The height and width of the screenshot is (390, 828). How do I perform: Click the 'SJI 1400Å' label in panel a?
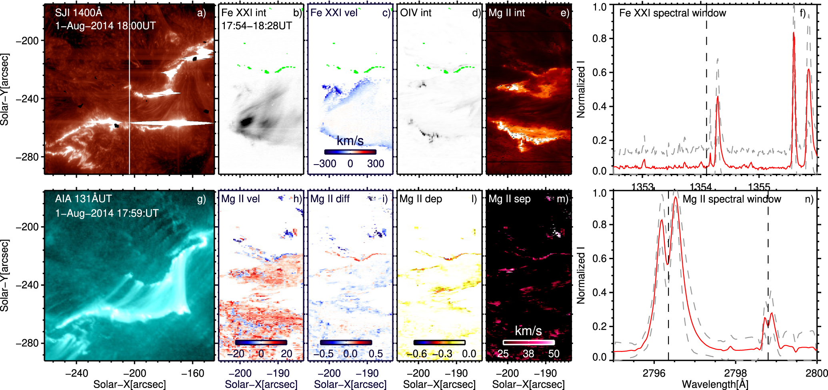pos(78,13)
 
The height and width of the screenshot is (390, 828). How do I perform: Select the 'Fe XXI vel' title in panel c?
pos(334,13)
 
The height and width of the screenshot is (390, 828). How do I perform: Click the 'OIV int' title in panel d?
pos(416,13)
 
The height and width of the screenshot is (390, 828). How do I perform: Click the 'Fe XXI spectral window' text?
pos(672,13)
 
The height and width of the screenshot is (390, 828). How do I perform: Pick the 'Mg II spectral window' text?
pos(732,199)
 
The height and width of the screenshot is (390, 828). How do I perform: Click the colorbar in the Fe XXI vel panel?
pos(350,152)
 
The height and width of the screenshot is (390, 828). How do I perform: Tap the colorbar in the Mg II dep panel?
pos(439,342)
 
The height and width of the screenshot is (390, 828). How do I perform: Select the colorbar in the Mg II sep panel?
pos(528,342)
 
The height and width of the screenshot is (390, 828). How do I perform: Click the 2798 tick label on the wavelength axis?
pos(735,373)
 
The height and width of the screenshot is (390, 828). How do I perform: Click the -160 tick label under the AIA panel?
pos(193,373)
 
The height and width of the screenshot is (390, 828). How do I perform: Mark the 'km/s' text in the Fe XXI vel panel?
pos(350,141)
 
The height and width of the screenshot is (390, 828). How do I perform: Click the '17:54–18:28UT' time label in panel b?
pos(256,26)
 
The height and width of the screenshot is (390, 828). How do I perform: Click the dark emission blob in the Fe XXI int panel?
pos(246,121)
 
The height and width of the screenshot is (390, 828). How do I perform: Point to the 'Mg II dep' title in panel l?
pos(420,199)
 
